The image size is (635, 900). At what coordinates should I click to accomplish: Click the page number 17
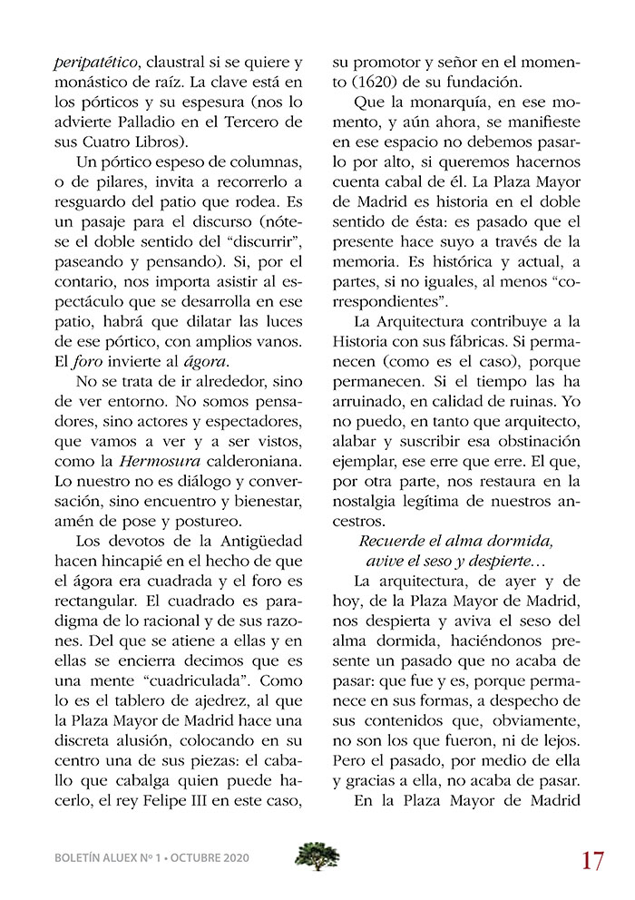tap(593, 859)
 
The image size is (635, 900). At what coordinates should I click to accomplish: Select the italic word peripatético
tap(85, 63)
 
